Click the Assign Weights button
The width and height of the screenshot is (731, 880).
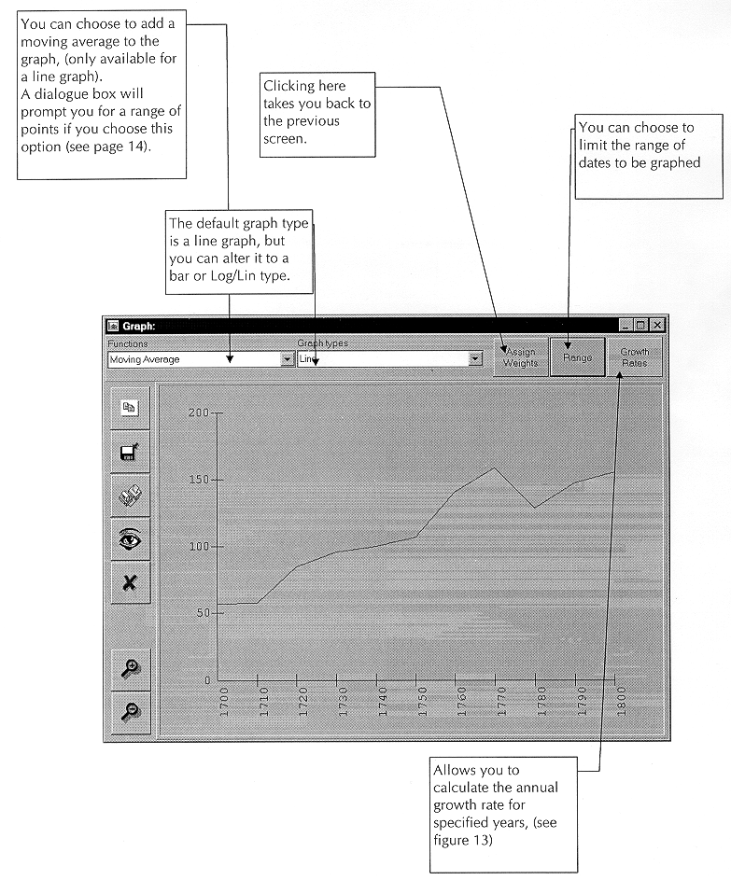coord(521,357)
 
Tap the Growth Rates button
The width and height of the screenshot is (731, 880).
coord(634,357)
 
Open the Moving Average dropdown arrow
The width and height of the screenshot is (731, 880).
coord(287,359)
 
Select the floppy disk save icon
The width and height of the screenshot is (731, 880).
coord(130,453)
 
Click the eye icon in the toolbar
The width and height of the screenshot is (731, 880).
coord(130,539)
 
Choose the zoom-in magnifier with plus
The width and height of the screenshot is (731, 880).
coord(130,668)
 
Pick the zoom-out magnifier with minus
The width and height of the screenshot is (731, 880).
coord(130,711)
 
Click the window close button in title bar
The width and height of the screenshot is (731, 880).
coord(656,325)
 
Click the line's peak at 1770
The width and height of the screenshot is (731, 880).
coord(494,468)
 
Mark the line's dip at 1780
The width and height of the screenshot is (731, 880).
coord(533,508)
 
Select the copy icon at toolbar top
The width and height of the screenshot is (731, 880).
coord(130,408)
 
